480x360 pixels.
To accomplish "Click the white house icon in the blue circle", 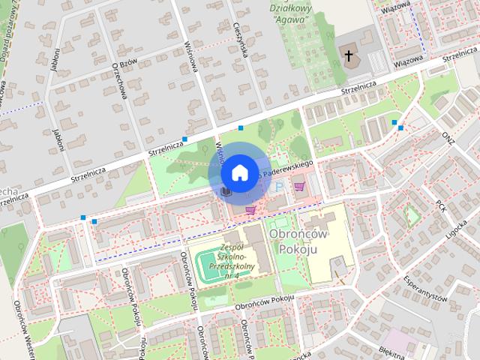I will pos(238,172).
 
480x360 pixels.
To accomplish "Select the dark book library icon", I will pos(224,193).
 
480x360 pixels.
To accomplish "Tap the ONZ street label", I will pos(448,138).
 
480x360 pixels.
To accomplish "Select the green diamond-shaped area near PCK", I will pos(411,216).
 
